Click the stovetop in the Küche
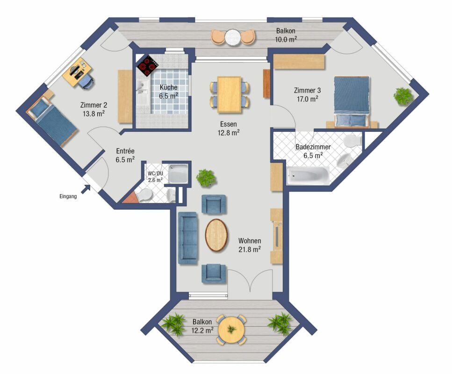pyautogui.click(x=148, y=66)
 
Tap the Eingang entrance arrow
pyautogui.click(x=86, y=189)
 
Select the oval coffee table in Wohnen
pyautogui.click(x=216, y=235)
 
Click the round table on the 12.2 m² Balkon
pyautogui.click(x=231, y=329)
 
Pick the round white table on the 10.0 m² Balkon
pyautogui.click(x=233, y=37)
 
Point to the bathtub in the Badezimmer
pyautogui.click(x=308, y=176)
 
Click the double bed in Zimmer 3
pyautogui.click(x=352, y=102)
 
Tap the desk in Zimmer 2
pyautogui.click(x=77, y=71)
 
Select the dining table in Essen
pyautogui.click(x=229, y=94)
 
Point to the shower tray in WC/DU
pyautogui.click(x=178, y=174)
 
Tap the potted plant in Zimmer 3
pyautogui.click(x=403, y=96)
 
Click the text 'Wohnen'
pyautogui.click(x=250, y=241)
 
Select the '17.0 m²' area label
pyautogui.click(x=307, y=99)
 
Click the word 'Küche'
pyautogui.click(x=169, y=87)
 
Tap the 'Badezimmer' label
pyautogui.click(x=313, y=147)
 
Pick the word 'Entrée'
pyautogui.click(x=125, y=151)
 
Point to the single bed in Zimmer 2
pyautogui.click(x=51, y=122)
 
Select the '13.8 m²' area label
pyautogui.click(x=93, y=114)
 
